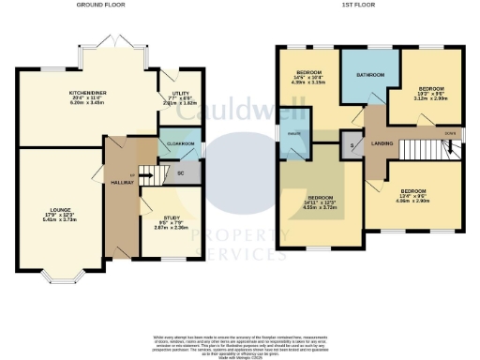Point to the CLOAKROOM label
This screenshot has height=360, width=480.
(180, 143)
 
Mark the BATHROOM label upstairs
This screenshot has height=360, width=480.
(368, 75)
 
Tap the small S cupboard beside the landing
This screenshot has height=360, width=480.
(353, 145)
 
